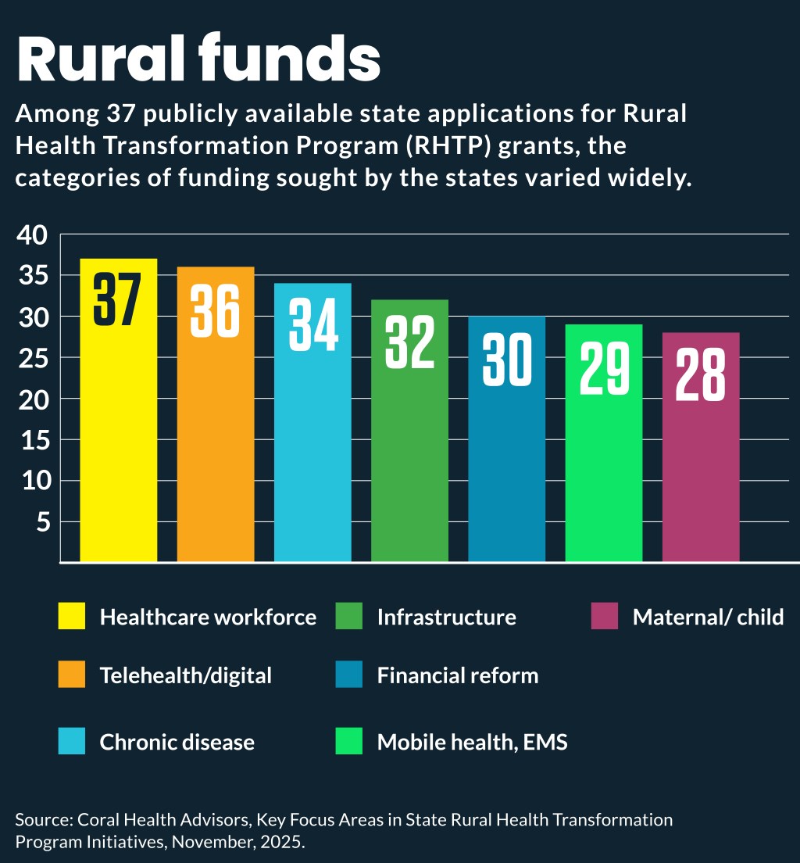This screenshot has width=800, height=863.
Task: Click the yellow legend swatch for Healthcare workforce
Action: [x=72, y=616]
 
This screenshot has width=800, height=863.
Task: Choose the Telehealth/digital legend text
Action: [x=185, y=675]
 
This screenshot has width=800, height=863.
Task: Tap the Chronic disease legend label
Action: [x=177, y=742]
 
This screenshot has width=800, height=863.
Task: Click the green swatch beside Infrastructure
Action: [x=349, y=616]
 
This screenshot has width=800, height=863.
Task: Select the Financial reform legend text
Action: [x=458, y=675]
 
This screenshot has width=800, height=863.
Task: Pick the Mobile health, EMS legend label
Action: [x=472, y=742]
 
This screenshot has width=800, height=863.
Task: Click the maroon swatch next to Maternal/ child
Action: [x=605, y=616]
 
